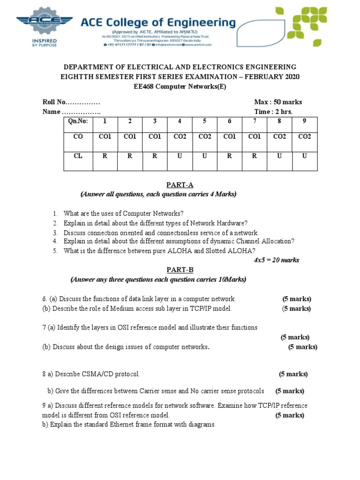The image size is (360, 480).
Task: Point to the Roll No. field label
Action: point(55,102)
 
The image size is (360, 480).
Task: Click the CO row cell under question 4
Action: point(180,136)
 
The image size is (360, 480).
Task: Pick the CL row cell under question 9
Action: point(304,156)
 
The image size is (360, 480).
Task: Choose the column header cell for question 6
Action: point(230,121)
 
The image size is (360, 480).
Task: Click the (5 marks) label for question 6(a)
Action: point(296,299)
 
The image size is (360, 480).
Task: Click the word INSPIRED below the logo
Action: point(44,40)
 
